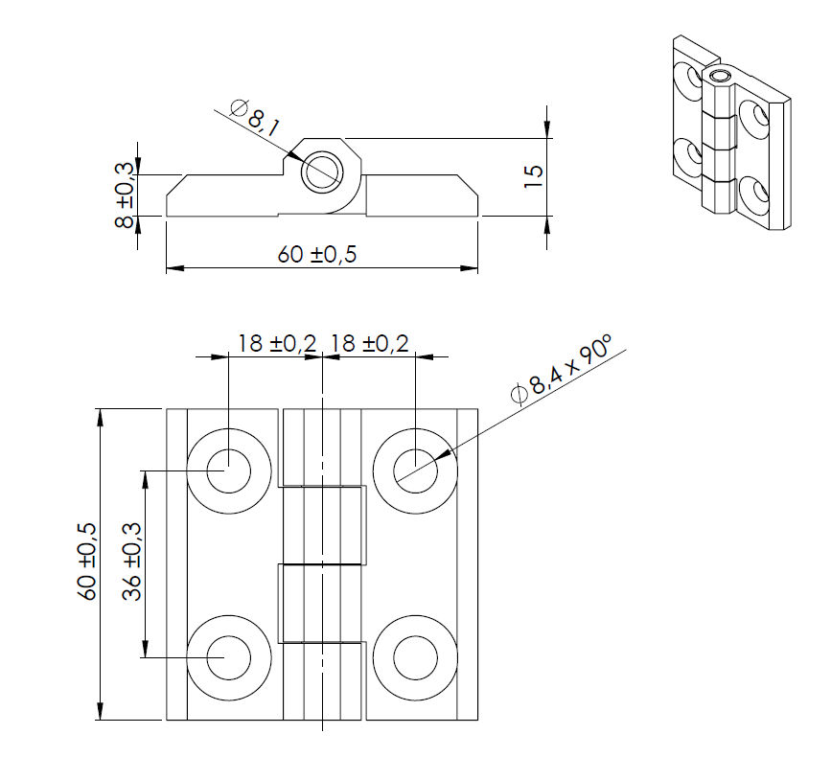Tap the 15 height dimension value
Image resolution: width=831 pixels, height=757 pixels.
pos(534,174)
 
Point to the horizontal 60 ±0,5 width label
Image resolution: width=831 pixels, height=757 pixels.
pos(323,254)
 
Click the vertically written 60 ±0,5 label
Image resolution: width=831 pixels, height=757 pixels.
pos(86,562)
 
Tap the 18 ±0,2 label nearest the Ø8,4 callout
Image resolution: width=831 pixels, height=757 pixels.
pos(368,343)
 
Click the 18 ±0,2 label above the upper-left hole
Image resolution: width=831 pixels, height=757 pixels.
pos(276,343)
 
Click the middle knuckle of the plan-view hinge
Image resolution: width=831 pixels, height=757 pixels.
pos(323,525)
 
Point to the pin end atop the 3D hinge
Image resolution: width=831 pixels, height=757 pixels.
pos(720,75)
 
